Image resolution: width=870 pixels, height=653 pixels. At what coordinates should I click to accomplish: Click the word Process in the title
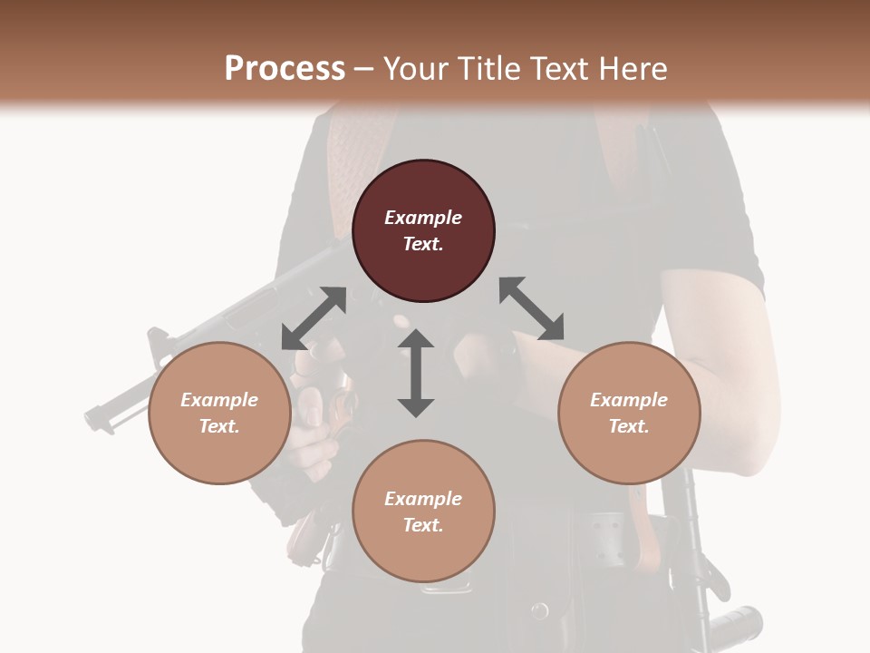(285, 69)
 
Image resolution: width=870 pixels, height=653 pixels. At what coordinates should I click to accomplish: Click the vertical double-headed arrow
(416, 374)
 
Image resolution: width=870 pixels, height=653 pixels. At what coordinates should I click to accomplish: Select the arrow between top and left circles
(314, 318)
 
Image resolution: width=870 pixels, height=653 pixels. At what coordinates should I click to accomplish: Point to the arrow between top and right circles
(531, 308)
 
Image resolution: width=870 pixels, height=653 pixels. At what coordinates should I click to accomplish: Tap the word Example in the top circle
(423, 218)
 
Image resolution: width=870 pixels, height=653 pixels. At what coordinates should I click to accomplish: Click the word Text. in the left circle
(219, 426)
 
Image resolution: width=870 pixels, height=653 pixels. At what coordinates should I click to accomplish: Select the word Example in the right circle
(629, 400)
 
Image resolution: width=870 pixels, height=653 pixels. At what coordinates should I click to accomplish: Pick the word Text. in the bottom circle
(423, 525)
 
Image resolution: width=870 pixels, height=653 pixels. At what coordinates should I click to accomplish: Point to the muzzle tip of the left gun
(91, 418)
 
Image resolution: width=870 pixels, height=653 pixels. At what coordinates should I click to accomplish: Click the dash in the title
(364, 69)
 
